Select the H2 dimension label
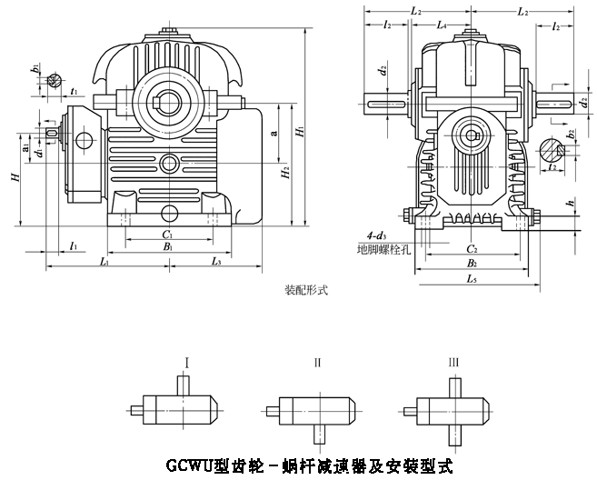point(284,173)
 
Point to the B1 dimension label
point(167,247)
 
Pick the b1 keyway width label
point(35,67)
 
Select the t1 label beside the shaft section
point(73,92)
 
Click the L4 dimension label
point(441,25)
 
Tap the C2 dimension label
point(473,248)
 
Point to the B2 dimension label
point(473,264)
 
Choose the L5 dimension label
point(473,280)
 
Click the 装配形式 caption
point(305,293)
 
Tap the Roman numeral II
point(317,362)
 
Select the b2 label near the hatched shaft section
point(570,133)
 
